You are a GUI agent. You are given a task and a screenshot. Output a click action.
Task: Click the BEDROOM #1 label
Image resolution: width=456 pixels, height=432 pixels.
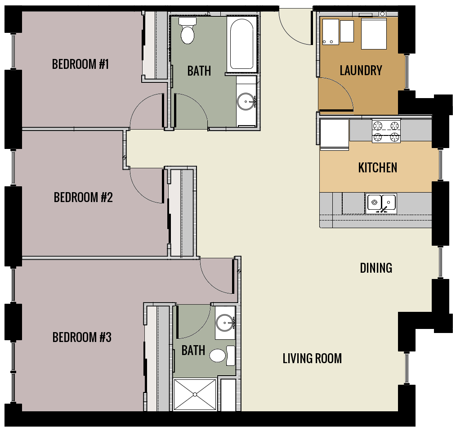80,64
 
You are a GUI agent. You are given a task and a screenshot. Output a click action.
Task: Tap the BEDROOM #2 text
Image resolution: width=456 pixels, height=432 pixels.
83,198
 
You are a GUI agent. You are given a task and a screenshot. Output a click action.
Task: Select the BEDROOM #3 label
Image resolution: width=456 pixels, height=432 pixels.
82,337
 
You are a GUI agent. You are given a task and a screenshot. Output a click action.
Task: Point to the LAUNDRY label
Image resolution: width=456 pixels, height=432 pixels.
361,71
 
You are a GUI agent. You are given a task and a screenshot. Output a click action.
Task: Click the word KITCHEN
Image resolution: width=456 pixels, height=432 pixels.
377,168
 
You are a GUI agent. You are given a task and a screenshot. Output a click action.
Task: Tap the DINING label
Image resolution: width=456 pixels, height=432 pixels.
376,268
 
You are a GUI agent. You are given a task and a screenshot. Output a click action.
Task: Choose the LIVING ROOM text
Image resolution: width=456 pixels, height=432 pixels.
312,359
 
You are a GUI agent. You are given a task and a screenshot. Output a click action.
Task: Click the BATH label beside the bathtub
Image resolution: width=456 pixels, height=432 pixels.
199,71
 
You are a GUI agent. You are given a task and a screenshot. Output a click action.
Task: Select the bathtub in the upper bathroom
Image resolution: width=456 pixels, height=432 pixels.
242,44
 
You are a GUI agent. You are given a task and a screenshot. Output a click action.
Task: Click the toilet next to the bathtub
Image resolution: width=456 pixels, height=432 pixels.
187,31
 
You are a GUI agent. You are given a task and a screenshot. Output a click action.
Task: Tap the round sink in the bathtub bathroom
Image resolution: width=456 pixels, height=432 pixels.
246,102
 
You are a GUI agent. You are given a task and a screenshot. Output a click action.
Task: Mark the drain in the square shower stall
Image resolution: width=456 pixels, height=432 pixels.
195,395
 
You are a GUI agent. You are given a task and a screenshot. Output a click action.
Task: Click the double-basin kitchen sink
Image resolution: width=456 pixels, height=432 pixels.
381,202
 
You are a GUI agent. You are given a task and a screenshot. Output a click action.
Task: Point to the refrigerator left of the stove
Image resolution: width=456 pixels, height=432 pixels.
334,134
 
